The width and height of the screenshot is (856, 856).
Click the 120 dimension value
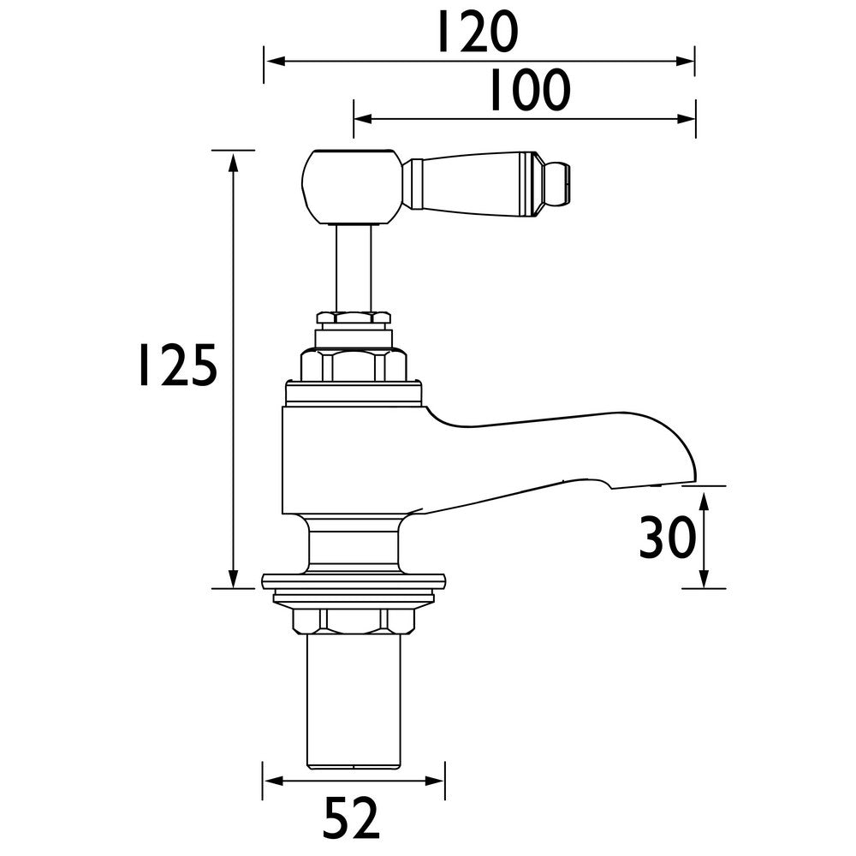(477, 33)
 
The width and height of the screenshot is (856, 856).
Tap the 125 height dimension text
(178, 366)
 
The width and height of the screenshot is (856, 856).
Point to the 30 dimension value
(666, 538)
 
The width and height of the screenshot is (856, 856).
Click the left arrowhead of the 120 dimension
(270, 61)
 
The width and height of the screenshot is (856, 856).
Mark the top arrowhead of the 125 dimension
(233, 158)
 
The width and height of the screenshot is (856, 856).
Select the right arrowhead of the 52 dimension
(437, 782)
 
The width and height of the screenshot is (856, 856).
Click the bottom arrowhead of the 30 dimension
(704, 581)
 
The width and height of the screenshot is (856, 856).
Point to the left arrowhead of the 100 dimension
(360, 117)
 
